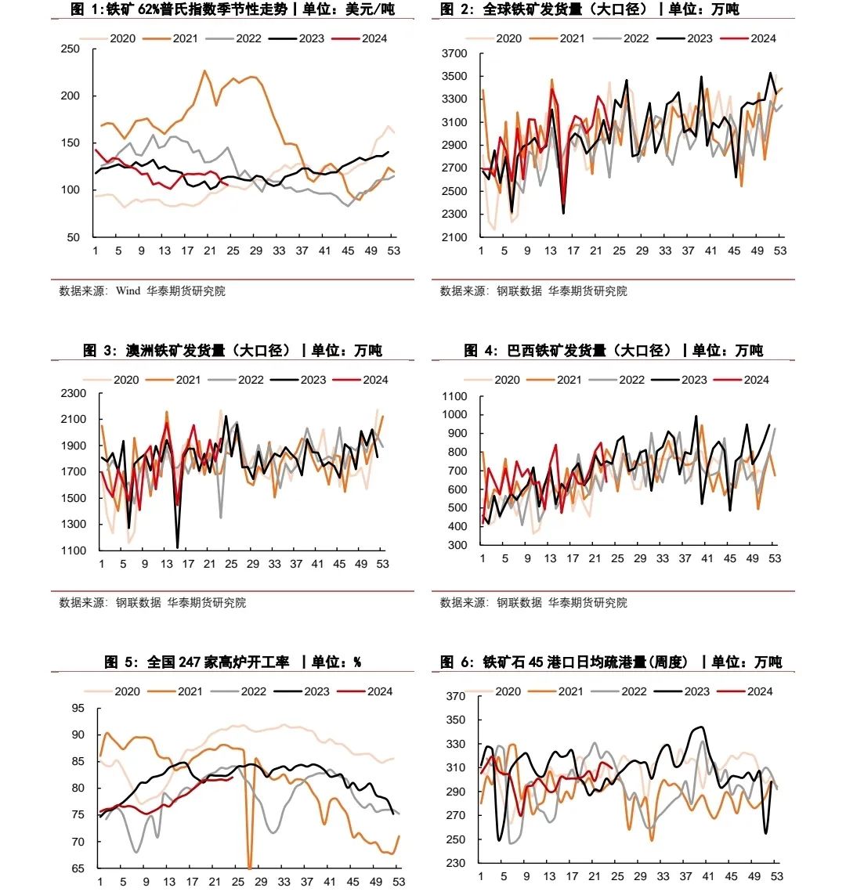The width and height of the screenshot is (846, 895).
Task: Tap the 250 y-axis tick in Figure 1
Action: pyautogui.click(x=70, y=49)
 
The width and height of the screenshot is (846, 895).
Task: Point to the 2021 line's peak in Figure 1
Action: pyautogui.click(x=204, y=70)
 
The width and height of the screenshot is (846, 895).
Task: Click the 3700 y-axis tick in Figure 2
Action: pyautogui.click(x=454, y=54)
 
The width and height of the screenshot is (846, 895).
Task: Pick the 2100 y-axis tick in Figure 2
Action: pyautogui.click(x=454, y=237)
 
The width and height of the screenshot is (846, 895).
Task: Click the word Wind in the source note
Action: pyautogui.click(x=128, y=291)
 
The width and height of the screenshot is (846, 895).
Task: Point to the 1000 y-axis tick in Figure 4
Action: pyautogui.click(x=454, y=415)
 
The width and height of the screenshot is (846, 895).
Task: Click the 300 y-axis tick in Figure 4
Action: pyautogui.click(x=457, y=546)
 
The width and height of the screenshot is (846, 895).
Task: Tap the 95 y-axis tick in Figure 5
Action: pyautogui.click(x=78, y=709)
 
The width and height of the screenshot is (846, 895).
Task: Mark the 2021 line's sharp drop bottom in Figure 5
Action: pyautogui.click(x=249, y=868)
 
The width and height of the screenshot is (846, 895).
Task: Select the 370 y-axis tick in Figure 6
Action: pyautogui.click(x=455, y=697)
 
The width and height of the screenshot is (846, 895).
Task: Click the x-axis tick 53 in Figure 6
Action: pyautogui.click(x=776, y=876)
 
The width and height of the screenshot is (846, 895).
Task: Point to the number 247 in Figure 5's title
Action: pyautogui.click(x=190, y=662)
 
